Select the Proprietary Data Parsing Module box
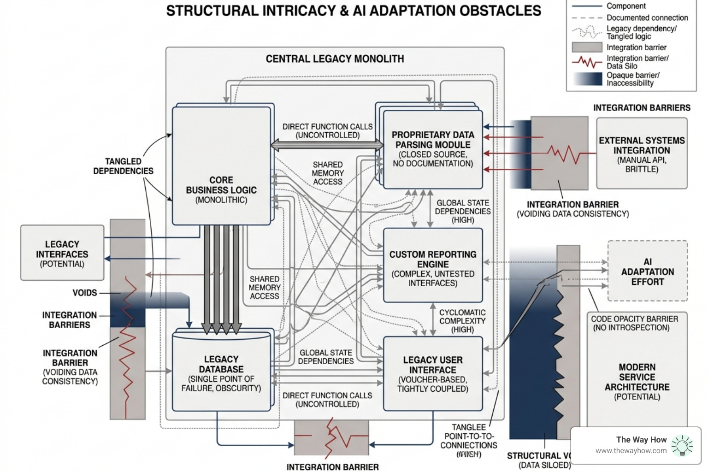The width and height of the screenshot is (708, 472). point(432,149)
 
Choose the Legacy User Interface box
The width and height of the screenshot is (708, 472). point(432,373)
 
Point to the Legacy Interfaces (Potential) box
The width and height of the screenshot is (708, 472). point(62,253)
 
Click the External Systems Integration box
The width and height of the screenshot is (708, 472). point(642,153)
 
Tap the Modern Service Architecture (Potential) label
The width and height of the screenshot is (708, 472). point(637,382)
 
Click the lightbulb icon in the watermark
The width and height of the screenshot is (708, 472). point(682,445)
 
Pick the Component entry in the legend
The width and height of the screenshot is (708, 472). point(626,6)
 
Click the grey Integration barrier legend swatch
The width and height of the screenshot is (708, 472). point(587,47)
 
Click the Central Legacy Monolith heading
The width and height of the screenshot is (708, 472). point(335,59)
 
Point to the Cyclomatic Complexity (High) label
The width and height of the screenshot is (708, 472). point(462,321)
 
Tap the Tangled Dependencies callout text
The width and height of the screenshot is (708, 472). point(123,166)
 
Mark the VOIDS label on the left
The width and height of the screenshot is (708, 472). point(85,293)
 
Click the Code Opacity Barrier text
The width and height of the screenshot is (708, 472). point(634,323)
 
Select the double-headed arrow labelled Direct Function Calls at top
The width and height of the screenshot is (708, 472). point(327,146)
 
